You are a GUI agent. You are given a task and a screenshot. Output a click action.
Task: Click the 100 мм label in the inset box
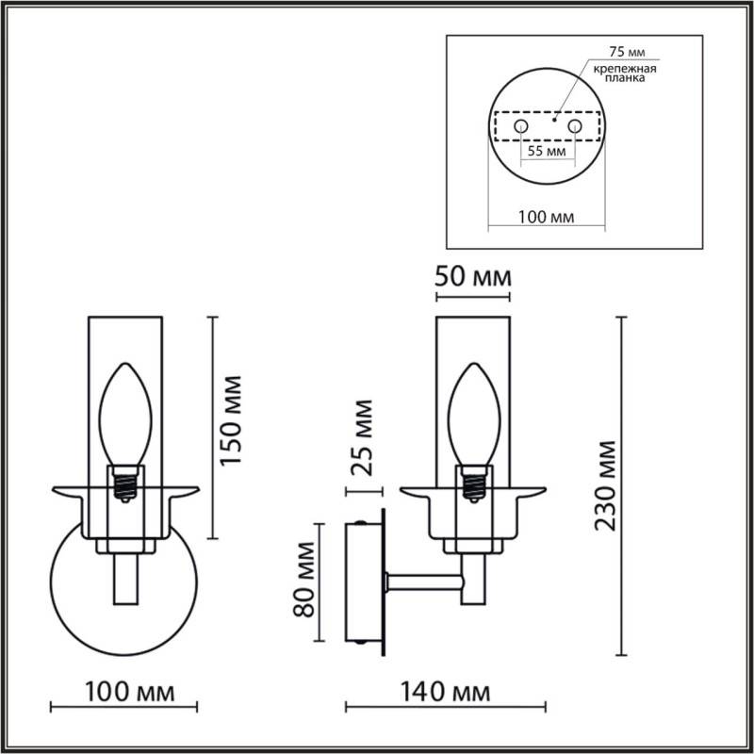547,217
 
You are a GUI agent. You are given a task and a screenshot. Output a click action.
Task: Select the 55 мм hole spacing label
545,151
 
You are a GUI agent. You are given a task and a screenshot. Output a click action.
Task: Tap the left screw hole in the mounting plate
518,125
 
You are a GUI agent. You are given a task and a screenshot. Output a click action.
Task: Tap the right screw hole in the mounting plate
573,125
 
